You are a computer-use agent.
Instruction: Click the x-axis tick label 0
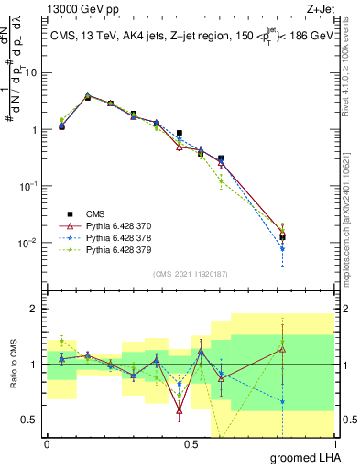click(x=46, y=444)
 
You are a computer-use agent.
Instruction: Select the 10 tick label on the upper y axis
click(x=32, y=72)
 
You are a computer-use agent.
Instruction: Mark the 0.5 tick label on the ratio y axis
click(x=31, y=420)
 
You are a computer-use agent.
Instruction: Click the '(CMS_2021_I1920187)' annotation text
click(x=190, y=274)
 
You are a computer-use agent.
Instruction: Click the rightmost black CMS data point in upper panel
click(x=282, y=237)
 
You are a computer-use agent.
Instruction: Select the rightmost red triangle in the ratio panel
click(x=282, y=350)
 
